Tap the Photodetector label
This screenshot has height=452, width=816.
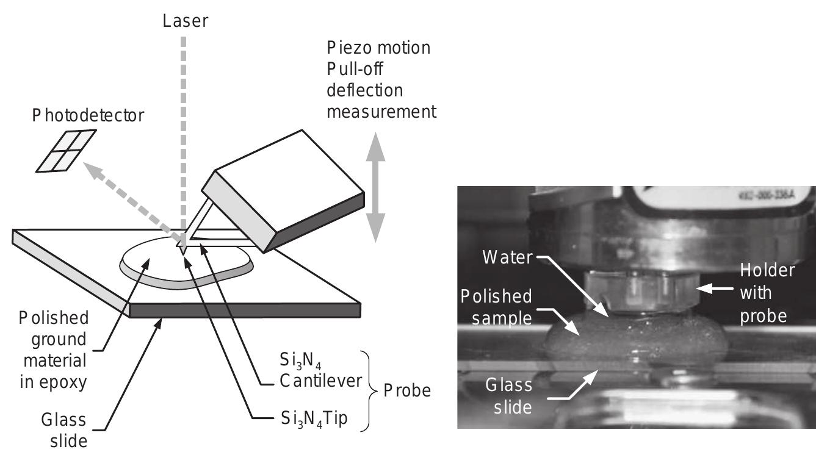(88, 115)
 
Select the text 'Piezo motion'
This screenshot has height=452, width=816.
(379, 48)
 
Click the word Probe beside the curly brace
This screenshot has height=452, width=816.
(406, 391)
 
